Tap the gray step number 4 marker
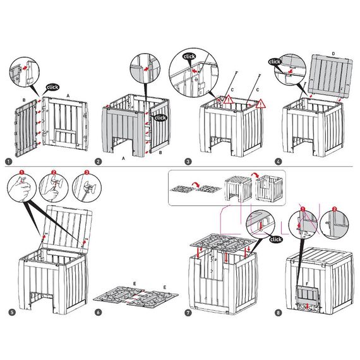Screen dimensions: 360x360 (x=279, y=162)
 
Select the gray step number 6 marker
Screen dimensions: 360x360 (x=98, y=312)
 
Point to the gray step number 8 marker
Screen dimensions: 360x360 (x=279, y=313)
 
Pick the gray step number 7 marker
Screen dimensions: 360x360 (x=188, y=313)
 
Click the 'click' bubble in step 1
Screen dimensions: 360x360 (x=52, y=87)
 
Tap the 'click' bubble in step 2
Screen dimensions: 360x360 (x=160, y=117)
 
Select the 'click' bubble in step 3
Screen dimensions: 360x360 (x=189, y=56)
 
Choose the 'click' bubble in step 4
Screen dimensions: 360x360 (x=275, y=62)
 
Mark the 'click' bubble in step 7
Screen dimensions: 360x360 (x=276, y=239)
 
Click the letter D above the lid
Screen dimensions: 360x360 (x=333, y=54)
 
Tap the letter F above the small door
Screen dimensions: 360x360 (x=307, y=284)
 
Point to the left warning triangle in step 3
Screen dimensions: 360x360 (x=228, y=99)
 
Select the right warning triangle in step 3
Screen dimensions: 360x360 (x=260, y=104)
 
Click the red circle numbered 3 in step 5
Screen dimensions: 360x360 (x=87, y=172)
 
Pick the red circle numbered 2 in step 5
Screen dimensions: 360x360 (x=54, y=172)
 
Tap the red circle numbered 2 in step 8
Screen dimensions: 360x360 (x=335, y=209)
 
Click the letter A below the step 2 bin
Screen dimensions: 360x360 (x=123, y=158)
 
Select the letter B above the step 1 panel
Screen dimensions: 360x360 (x=24, y=100)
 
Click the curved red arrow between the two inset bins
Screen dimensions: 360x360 (x=255, y=174)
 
